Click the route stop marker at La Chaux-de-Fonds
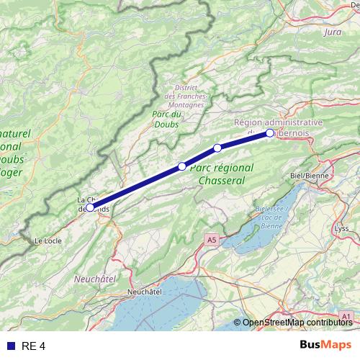tap(90, 207)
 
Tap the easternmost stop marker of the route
tap(270, 133)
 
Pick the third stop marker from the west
tap(217, 148)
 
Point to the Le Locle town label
tap(48, 240)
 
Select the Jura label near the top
tap(333, 32)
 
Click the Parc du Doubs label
tap(166, 119)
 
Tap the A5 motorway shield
tap(210, 238)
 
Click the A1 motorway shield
tap(346, 315)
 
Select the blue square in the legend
tap(10, 346)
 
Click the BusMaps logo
tap(326, 345)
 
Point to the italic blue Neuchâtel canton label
tap(95, 277)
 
